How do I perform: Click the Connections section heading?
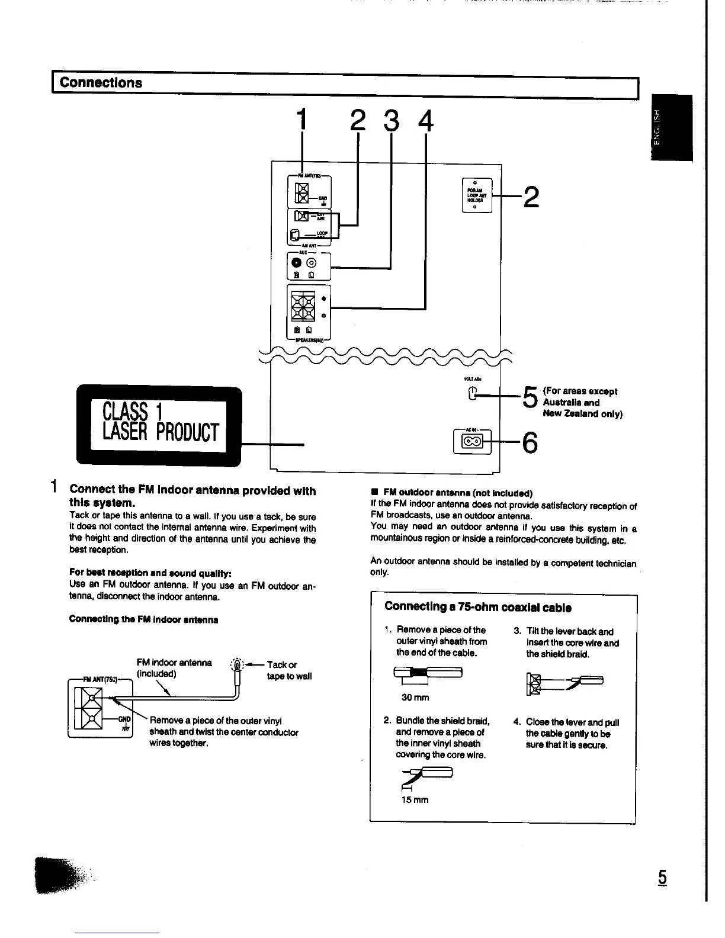101,83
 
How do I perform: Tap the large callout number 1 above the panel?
303,120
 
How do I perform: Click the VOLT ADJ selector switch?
472,393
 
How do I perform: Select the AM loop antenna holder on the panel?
476,195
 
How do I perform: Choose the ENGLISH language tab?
670,127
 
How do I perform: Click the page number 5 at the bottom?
662,878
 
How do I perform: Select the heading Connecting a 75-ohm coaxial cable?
477,607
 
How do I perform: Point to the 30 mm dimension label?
415,698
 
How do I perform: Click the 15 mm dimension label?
414,800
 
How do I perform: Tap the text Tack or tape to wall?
289,670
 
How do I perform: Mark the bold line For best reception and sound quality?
150,573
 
